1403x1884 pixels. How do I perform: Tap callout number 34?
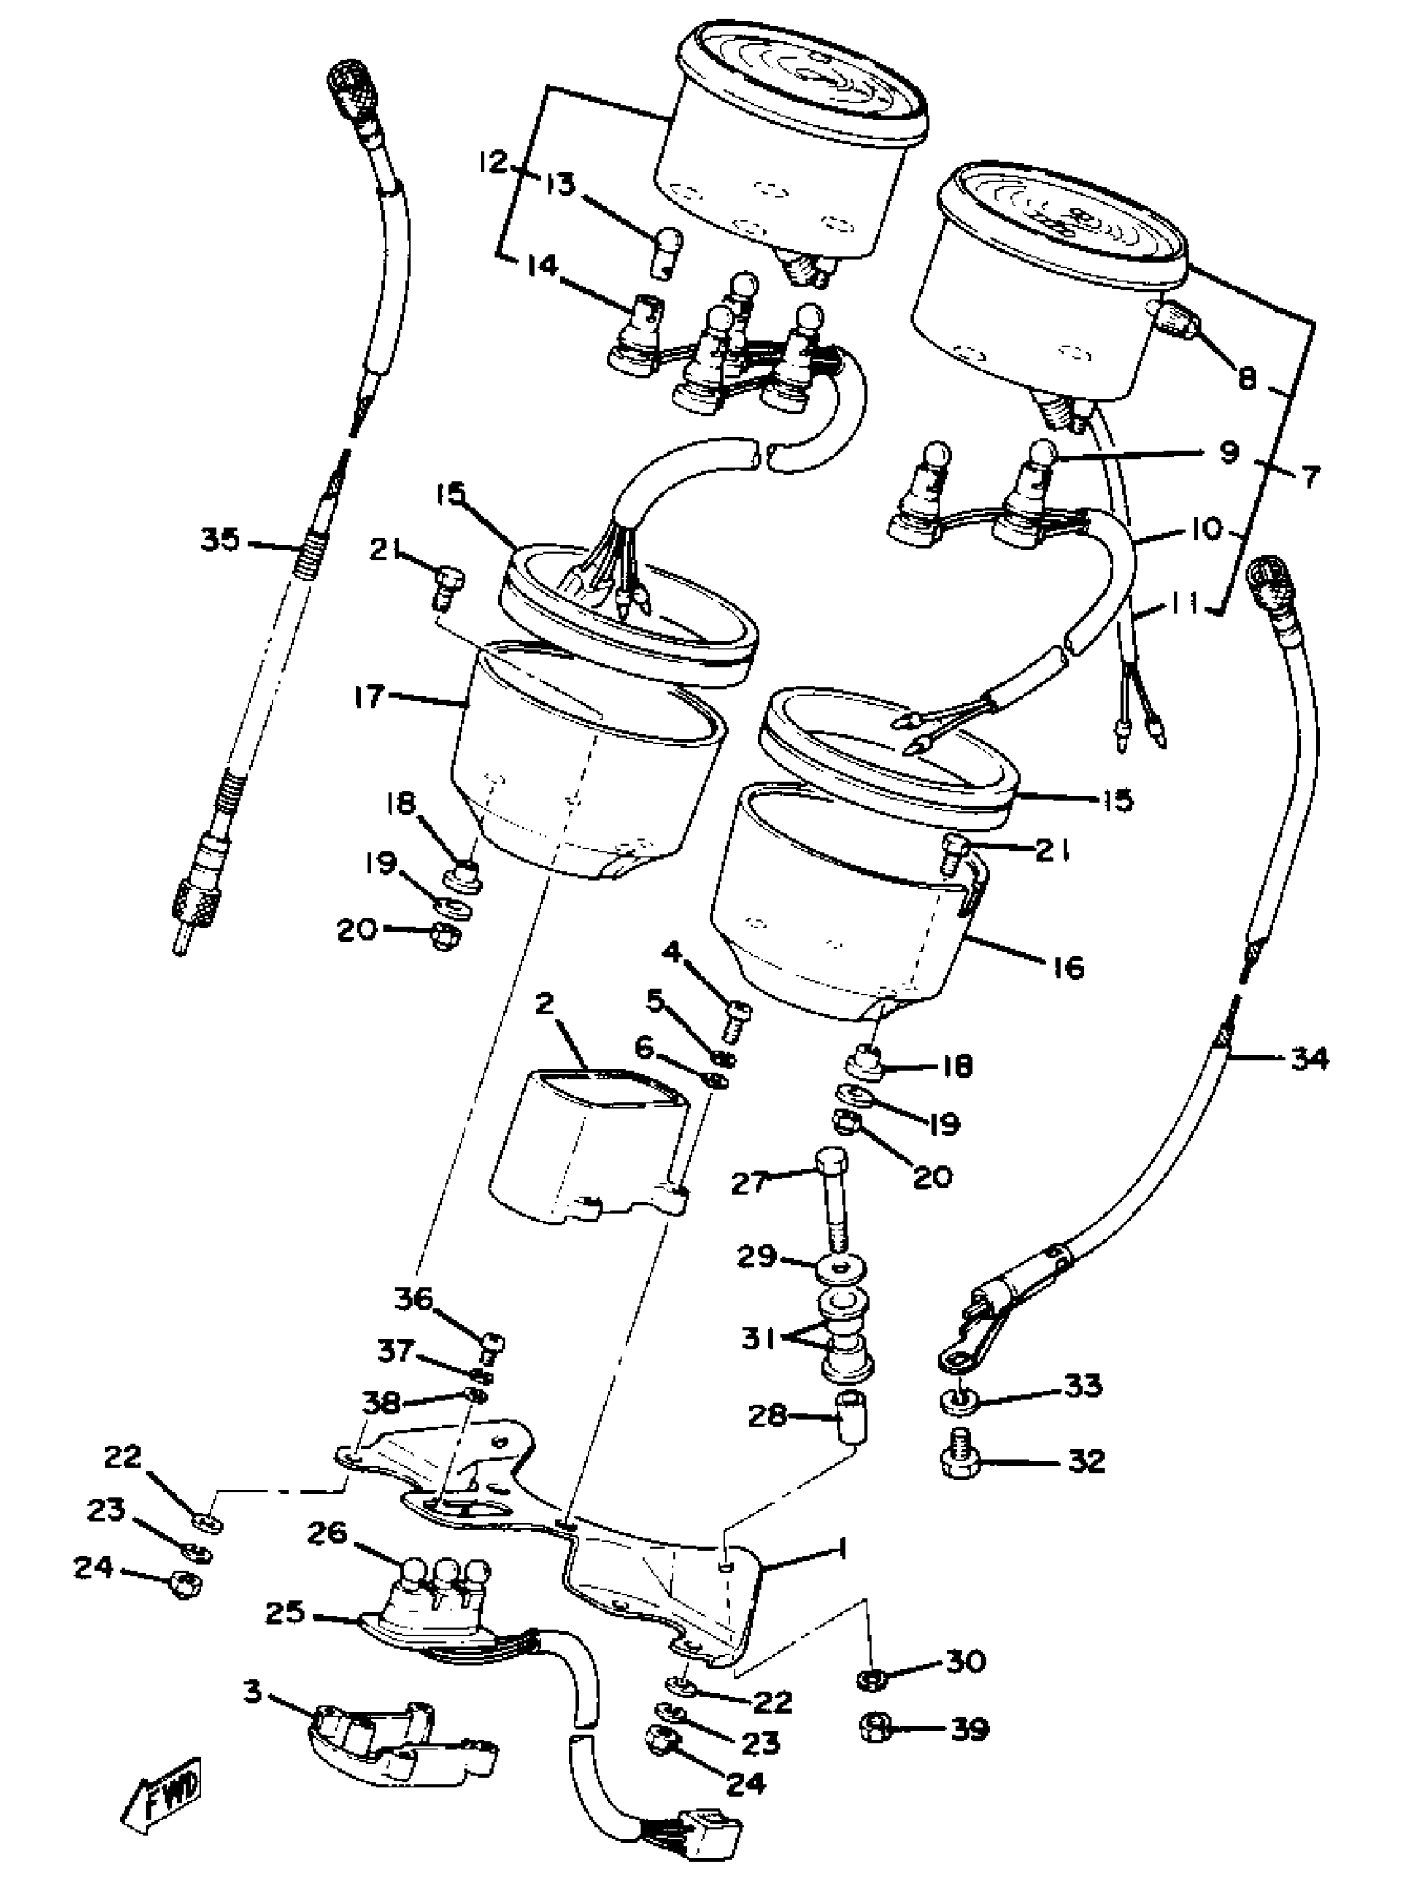[x=1308, y=1059]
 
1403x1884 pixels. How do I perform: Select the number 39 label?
[x=968, y=1730]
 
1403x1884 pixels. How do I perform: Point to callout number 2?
[x=545, y=1004]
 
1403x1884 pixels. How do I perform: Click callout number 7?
[x=1311, y=477]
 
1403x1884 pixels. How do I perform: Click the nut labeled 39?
[x=873, y=1726]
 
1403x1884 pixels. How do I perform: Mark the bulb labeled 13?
[x=663, y=253]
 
